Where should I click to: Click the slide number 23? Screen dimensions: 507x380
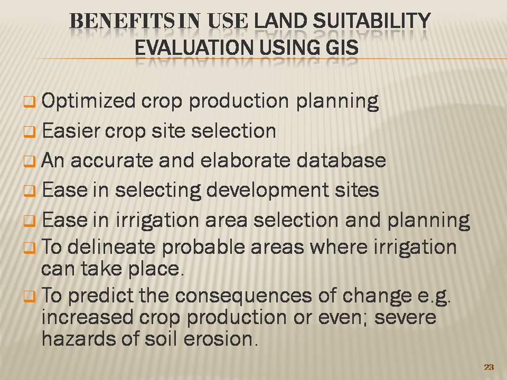point(489,367)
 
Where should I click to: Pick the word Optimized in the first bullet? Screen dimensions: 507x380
point(88,101)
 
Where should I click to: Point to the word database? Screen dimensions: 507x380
point(341,160)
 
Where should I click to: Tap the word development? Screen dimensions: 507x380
point(267,191)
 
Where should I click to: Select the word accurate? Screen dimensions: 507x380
point(112,160)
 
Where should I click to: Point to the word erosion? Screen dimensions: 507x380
point(221,339)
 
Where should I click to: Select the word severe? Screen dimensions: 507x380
point(405,318)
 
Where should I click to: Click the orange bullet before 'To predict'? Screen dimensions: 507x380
point(29,296)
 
